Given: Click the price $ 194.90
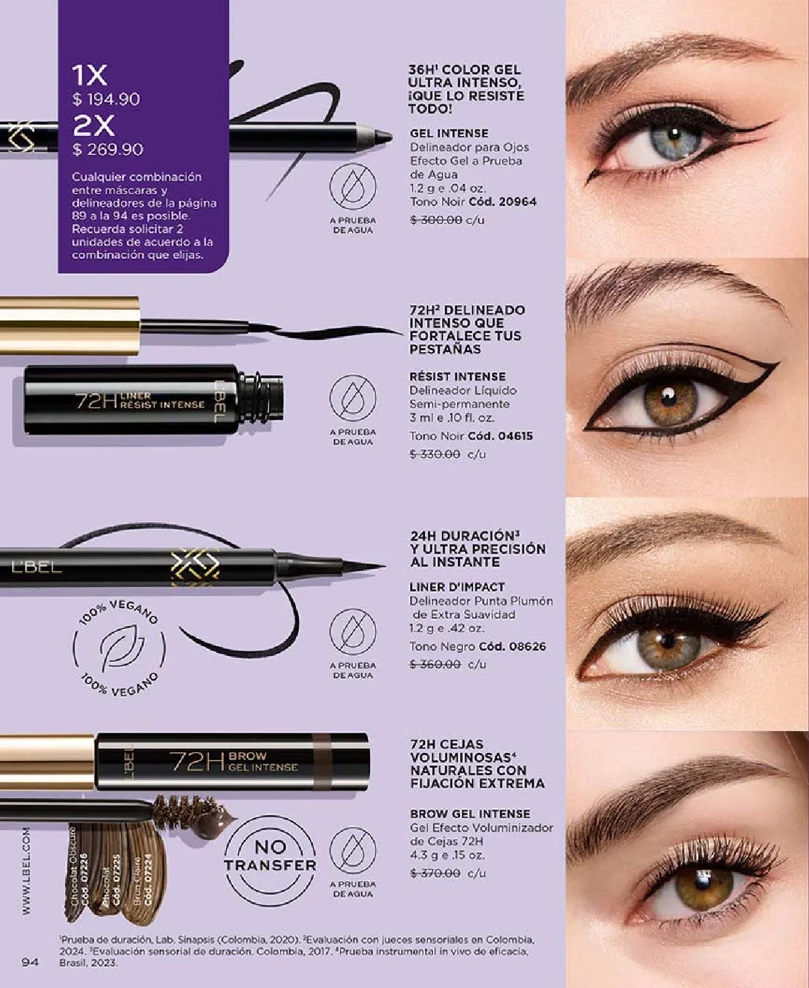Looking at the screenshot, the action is coord(107,99).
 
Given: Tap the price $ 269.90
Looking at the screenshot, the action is coord(108,149).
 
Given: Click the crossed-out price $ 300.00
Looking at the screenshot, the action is coord(436,219).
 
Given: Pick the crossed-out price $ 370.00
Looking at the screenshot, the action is coord(436,873).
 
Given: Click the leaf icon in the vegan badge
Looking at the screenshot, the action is coord(118,647).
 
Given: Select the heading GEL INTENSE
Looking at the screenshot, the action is coord(449,133).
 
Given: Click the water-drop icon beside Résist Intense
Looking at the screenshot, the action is coord(352,398).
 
